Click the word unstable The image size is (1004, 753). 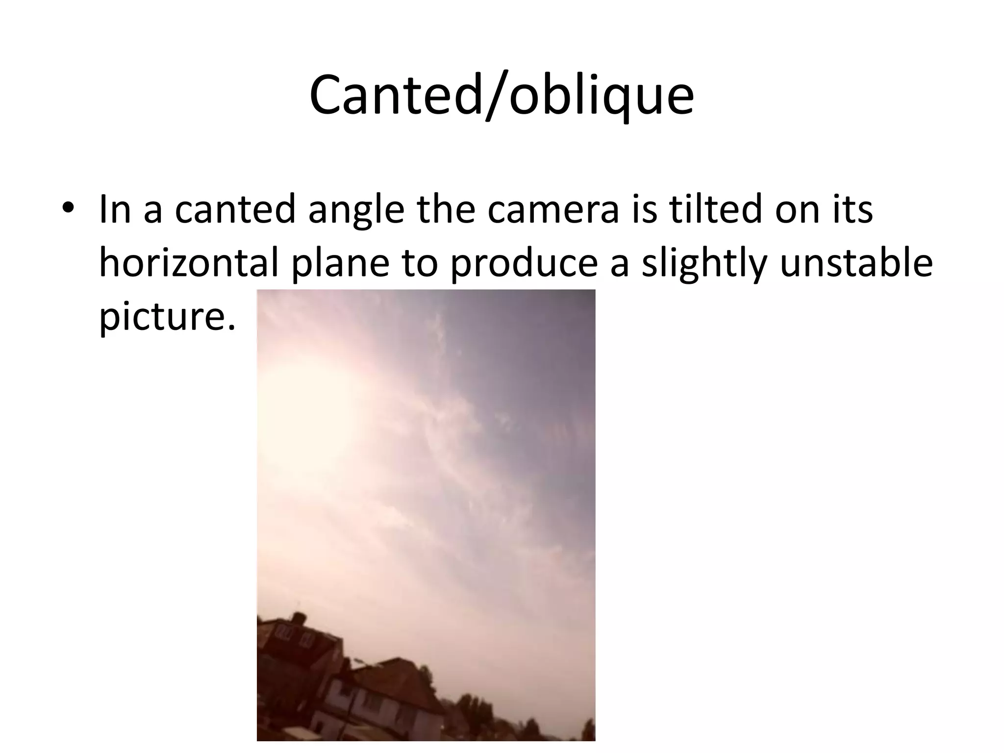tap(856, 263)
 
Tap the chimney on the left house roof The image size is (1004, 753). tap(298, 617)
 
